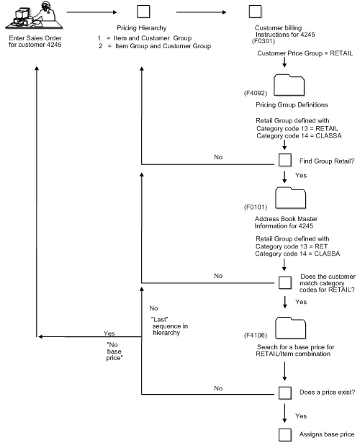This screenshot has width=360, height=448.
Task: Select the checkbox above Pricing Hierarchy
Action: point(143,12)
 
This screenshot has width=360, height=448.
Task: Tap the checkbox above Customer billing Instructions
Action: point(254,12)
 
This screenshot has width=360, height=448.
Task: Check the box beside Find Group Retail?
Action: point(284,161)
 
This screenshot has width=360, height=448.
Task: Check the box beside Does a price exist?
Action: point(284,393)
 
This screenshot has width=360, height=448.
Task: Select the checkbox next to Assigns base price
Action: point(284,434)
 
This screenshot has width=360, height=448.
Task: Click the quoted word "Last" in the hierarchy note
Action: point(160,318)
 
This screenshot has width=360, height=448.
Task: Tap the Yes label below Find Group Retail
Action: point(301,175)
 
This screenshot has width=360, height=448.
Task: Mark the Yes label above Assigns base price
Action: point(301,416)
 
